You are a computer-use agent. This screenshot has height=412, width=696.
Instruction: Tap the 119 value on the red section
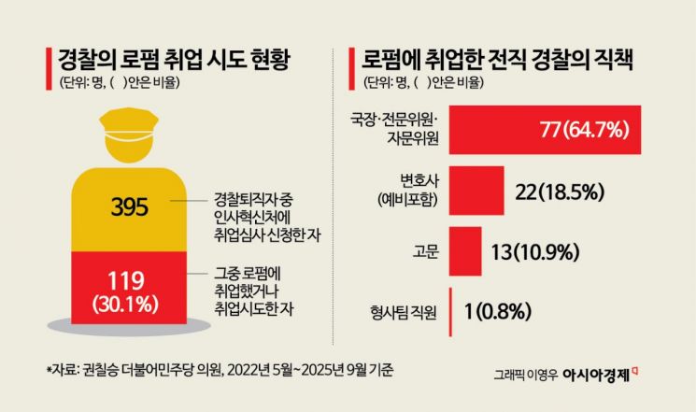(x=131, y=279)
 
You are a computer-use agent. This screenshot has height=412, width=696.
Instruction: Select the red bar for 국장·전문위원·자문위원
(x=545, y=129)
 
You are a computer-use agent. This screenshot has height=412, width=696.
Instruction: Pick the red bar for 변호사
(x=476, y=191)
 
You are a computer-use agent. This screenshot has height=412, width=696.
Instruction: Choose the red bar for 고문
(x=463, y=251)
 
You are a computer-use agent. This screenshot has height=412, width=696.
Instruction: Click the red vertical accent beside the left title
(x=48, y=68)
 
